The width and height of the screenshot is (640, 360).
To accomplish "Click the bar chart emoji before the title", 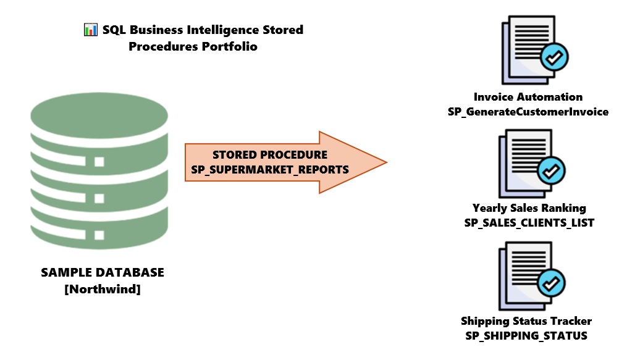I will (x=91, y=30).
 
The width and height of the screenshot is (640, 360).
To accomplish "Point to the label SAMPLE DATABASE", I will (x=103, y=272).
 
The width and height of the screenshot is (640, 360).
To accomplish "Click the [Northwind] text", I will (x=103, y=288).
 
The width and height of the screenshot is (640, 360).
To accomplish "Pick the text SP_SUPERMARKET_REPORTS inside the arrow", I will (x=270, y=169).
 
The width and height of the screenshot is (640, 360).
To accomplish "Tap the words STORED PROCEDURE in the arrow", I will (x=270, y=154).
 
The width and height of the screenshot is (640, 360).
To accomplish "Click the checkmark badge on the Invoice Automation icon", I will (x=554, y=58).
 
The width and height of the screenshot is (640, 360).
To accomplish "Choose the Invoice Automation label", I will (x=528, y=97).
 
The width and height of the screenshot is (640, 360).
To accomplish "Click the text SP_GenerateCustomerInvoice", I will (x=528, y=112).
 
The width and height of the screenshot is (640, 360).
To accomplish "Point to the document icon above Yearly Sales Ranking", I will (x=525, y=162).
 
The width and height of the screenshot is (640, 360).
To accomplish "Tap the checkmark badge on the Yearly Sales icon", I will (x=550, y=170).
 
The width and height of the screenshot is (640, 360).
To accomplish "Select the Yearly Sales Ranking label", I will (x=529, y=208).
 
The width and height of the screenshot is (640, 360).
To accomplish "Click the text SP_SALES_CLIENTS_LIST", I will (x=529, y=223).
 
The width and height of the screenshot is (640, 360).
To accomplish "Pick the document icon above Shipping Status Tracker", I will (x=525, y=275).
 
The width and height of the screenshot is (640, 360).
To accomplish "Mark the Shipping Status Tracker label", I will (x=526, y=321).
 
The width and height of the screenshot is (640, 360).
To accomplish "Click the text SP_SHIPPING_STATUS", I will (x=526, y=336).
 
